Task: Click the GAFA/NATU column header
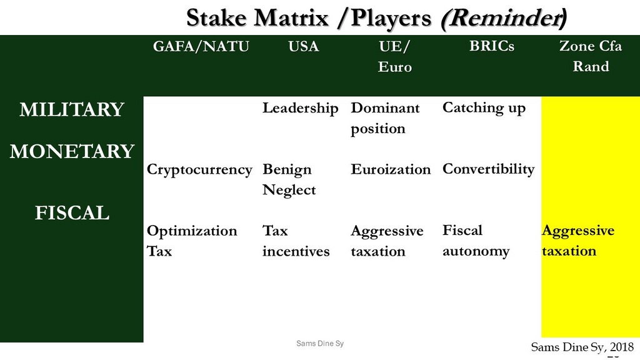[x=201, y=46]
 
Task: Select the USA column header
[x=303, y=46]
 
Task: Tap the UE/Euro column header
[x=394, y=56]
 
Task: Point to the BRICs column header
[x=491, y=46]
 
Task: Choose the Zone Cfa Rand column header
[x=590, y=56]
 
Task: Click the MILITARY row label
[x=72, y=109]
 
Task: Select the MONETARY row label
[x=72, y=151]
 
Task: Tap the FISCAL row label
[x=72, y=212]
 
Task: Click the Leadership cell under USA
[x=300, y=109]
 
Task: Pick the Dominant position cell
[x=385, y=118]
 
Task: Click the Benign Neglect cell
[x=289, y=179]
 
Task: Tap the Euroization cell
[x=390, y=169]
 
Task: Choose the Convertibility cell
[x=488, y=169]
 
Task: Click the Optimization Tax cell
[x=192, y=241]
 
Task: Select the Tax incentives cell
[x=296, y=241]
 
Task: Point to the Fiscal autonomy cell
[x=476, y=241]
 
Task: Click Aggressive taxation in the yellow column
[x=578, y=241]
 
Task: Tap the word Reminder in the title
[x=504, y=18]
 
